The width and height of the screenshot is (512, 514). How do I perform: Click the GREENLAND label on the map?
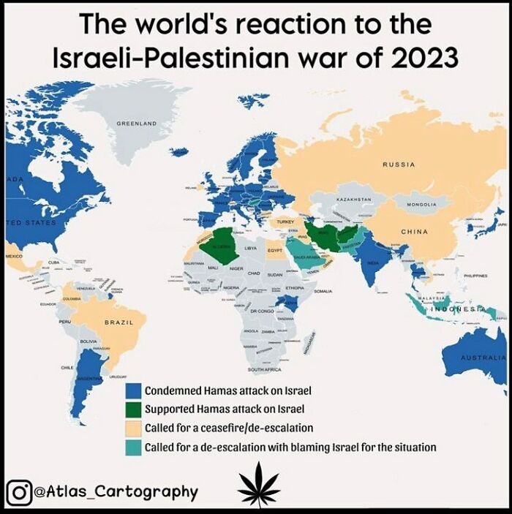(137, 124)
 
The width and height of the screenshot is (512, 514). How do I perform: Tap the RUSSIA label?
(399, 165)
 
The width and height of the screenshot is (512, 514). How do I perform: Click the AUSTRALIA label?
(483, 358)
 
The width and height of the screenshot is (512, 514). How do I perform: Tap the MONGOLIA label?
(421, 205)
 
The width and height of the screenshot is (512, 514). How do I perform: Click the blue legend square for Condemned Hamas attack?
(133, 390)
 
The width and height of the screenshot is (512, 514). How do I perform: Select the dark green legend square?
(133, 409)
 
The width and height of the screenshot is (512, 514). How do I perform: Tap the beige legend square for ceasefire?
(133, 428)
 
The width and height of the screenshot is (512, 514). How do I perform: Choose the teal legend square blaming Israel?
(133, 447)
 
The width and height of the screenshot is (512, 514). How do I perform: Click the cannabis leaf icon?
(258, 484)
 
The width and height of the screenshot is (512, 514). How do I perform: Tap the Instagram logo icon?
(20, 491)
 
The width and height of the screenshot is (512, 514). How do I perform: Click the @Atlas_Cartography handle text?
(116, 491)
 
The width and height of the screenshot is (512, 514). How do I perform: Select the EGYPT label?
(274, 250)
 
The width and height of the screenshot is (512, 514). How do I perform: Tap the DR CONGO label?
(261, 311)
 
